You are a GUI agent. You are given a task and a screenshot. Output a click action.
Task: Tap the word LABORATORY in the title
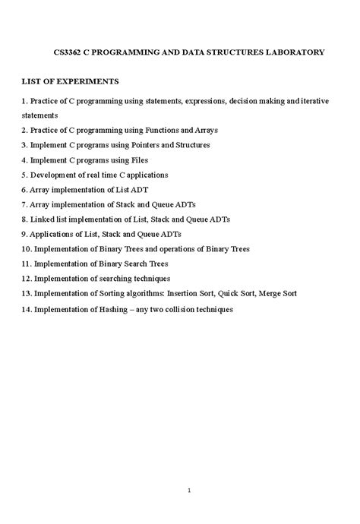click(292, 52)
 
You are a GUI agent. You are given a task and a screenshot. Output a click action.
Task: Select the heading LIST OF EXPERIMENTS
click(71, 81)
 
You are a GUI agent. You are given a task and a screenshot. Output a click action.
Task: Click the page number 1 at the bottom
click(188, 469)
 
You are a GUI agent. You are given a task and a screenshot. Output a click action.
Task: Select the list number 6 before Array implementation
click(24, 189)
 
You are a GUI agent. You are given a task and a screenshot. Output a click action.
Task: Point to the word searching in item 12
click(113, 278)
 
